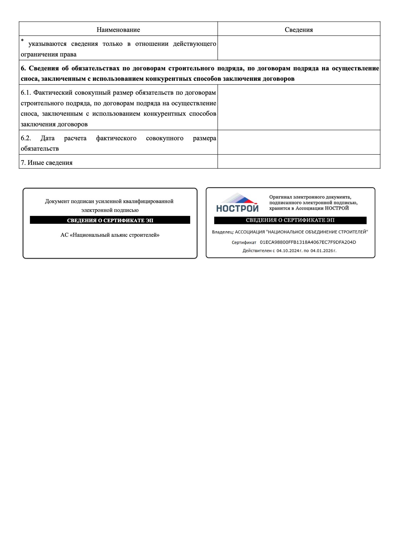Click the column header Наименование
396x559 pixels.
coord(118,30)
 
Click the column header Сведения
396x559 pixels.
coord(299,30)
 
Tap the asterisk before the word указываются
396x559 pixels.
coord(22,41)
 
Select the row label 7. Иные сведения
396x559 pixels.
coord(47,163)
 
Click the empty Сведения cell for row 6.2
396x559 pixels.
coord(299,142)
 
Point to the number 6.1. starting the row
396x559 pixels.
coord(26,93)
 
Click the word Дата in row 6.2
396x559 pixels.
coord(47,138)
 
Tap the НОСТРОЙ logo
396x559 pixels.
coord(237,203)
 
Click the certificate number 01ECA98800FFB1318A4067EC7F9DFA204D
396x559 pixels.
coord(308,242)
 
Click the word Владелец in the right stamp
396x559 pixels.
coord(223,232)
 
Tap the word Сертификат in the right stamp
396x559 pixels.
coord(244,243)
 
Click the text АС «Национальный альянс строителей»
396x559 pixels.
coord(110,235)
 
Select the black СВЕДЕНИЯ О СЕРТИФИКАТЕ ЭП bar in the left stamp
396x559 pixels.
coord(110,220)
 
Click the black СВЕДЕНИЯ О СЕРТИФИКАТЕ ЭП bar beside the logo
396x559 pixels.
coord(290,220)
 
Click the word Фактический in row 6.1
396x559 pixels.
coord(53,93)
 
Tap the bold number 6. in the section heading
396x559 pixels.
coord(23,68)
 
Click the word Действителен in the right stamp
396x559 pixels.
coord(257,251)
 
